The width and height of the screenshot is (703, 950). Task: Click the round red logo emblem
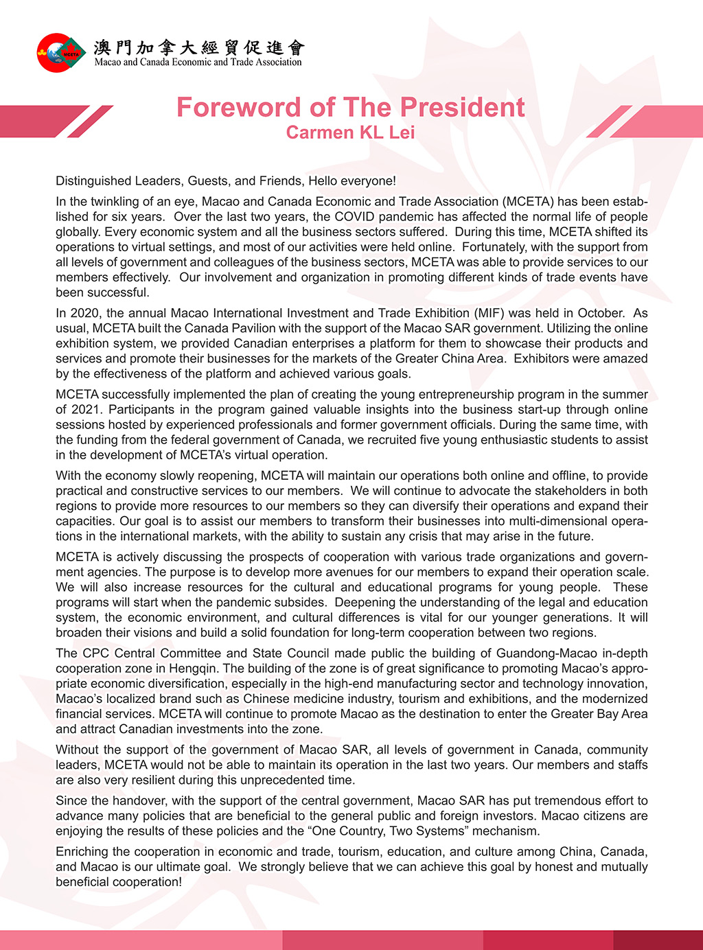point(61,53)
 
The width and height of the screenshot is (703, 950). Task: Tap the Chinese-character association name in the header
point(198,47)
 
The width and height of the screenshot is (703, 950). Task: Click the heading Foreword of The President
point(350,108)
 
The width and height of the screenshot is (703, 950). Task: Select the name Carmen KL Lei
point(350,132)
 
